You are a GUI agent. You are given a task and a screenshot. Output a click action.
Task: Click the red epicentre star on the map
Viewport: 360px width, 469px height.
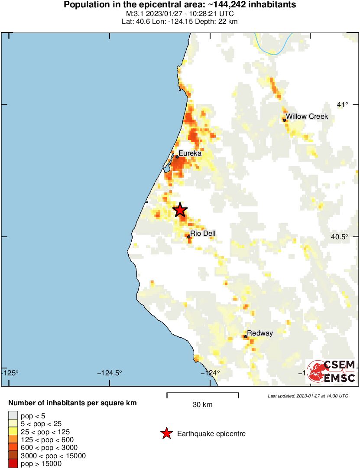[x=180, y=210]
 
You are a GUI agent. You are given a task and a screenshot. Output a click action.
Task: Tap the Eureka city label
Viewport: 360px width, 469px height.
[x=190, y=153]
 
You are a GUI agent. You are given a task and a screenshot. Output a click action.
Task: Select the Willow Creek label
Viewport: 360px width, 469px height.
[x=307, y=117]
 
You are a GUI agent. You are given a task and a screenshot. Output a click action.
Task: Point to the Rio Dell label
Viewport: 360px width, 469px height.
[x=203, y=234]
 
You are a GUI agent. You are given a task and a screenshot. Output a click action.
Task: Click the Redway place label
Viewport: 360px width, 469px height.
[x=260, y=333]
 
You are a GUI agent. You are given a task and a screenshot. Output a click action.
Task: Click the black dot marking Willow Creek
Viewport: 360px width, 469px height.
[x=285, y=120]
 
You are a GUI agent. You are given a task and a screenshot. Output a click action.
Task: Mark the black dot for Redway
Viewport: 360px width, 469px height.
[x=246, y=336]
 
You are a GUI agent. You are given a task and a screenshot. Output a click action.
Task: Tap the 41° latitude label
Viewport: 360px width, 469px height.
[x=342, y=104]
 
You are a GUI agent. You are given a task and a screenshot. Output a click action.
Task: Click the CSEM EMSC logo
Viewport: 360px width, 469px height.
[x=331, y=371]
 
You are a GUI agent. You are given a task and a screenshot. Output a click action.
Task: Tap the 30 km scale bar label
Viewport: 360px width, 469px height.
[x=202, y=405]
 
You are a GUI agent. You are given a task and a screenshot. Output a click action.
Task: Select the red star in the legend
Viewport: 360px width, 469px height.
[x=166, y=433]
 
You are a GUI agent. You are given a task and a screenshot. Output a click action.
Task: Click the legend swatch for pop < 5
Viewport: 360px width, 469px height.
[x=13, y=416]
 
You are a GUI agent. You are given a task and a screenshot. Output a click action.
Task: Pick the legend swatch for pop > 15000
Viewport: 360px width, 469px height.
[x=13, y=464]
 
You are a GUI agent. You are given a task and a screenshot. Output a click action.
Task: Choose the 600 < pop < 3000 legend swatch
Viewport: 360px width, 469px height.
[x=13, y=448]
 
